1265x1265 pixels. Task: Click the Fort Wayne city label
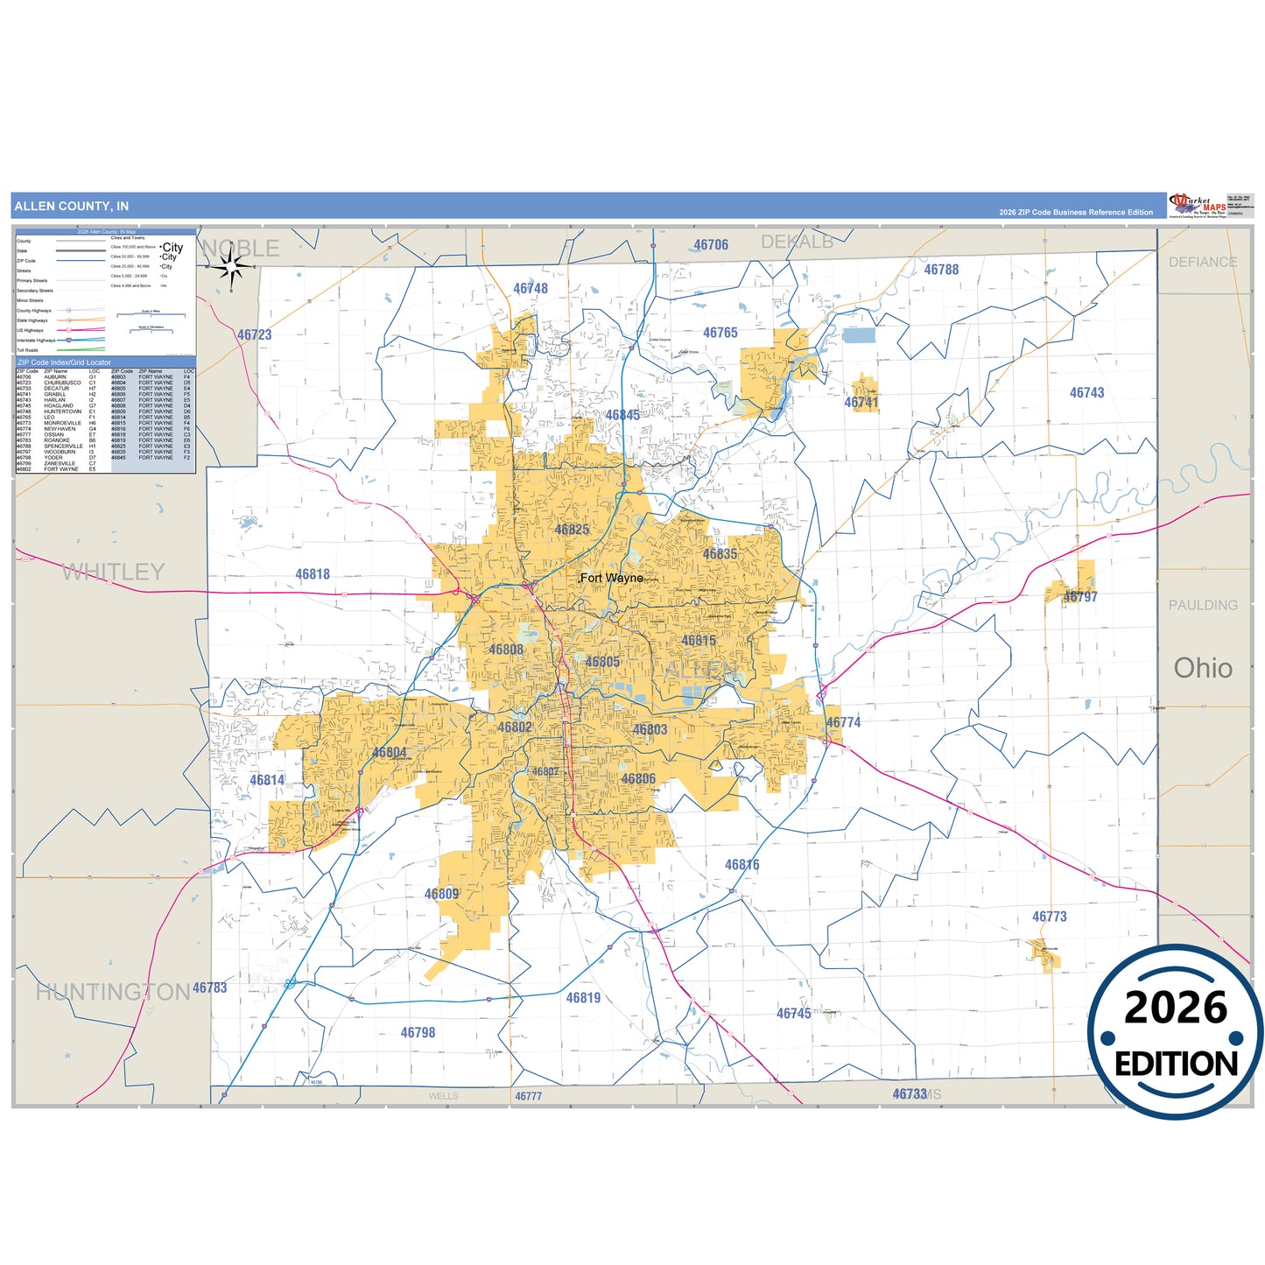[612, 578]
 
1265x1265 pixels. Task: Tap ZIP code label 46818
[313, 574]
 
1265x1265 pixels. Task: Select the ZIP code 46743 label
[1086, 393]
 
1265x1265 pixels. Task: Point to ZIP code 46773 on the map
[1049, 917]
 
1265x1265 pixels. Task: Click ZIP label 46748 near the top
[531, 289]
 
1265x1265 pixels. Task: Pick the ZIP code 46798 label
[418, 1033]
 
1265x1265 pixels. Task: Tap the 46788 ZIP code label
[941, 270]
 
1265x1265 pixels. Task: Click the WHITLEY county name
[114, 573]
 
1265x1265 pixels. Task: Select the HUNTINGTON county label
[113, 992]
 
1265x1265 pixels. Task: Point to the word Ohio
[1203, 668]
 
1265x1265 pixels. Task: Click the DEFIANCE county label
[1203, 262]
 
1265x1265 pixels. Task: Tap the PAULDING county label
[1203, 605]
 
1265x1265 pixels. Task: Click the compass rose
[232, 264]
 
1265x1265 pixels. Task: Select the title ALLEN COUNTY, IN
[72, 207]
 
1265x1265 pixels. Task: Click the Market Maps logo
[1198, 206]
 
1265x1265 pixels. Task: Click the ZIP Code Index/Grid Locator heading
[65, 362]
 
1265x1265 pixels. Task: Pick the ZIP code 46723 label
[255, 334]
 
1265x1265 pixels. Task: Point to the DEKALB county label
[797, 242]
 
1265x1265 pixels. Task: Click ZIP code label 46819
[583, 998]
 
